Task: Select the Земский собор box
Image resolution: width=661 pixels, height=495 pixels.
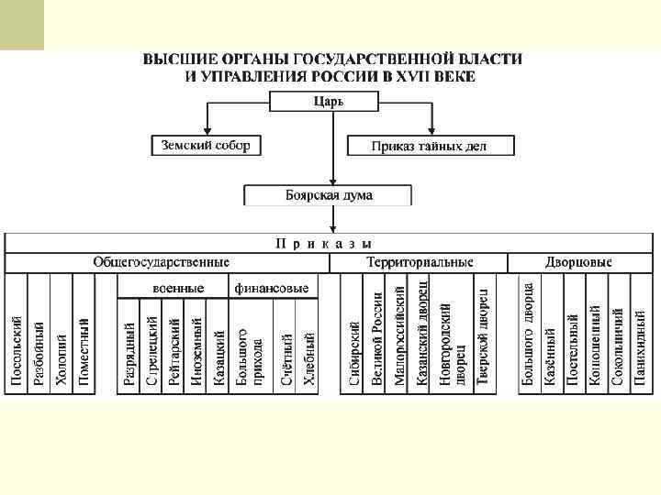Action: pyautogui.click(x=206, y=145)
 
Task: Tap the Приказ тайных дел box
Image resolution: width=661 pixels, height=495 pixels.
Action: pyautogui.click(x=430, y=146)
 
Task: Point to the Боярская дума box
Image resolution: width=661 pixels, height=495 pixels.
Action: pyautogui.click(x=329, y=195)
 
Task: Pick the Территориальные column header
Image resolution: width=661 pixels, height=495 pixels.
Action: pyautogui.click(x=419, y=262)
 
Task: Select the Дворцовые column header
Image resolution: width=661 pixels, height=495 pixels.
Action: pyautogui.click(x=578, y=262)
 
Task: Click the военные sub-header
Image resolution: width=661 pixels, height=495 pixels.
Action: pyautogui.click(x=177, y=288)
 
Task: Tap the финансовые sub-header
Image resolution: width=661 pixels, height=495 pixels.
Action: pyautogui.click(x=272, y=288)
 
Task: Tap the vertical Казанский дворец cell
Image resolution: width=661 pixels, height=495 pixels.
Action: pyautogui.click(x=422, y=339)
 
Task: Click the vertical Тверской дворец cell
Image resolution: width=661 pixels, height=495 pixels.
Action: pyautogui.click(x=483, y=339)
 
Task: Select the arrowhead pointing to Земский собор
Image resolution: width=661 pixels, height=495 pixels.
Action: pyautogui.click(x=207, y=131)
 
